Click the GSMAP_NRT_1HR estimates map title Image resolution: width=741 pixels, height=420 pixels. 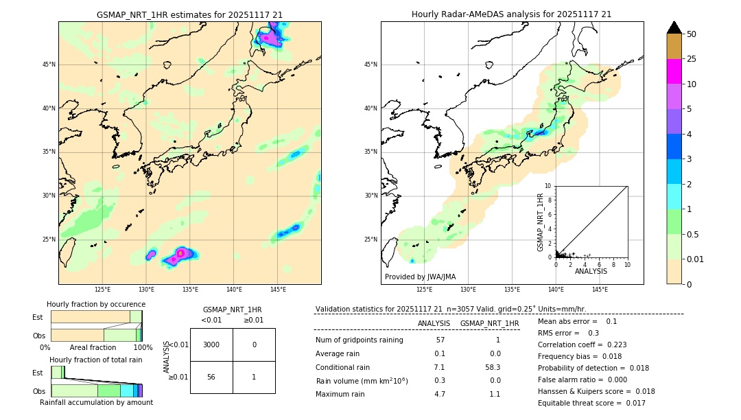(x=189, y=14)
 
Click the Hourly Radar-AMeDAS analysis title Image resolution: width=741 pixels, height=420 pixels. (x=511, y=14)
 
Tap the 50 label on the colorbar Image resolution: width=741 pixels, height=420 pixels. (x=692, y=34)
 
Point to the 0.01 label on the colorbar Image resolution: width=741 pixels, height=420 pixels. (x=696, y=259)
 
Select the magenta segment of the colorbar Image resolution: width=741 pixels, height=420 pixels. (x=674, y=71)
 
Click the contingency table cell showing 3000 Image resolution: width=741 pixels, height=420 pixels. (x=211, y=345)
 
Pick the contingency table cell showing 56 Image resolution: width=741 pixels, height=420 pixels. (x=211, y=377)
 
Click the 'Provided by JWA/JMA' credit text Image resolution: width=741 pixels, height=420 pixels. (x=420, y=277)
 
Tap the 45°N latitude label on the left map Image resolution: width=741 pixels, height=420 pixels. (x=49, y=65)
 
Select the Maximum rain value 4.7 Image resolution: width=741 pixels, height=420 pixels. (x=439, y=394)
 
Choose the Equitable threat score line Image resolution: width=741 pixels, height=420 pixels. (x=591, y=403)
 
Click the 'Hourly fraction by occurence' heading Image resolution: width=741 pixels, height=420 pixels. (x=96, y=304)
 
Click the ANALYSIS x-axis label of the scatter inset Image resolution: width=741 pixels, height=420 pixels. (x=591, y=271)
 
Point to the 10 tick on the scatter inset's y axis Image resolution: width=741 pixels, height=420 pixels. (x=548, y=186)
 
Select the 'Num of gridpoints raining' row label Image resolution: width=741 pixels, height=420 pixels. (x=359, y=340)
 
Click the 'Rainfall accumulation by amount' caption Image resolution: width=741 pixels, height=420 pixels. (x=96, y=402)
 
